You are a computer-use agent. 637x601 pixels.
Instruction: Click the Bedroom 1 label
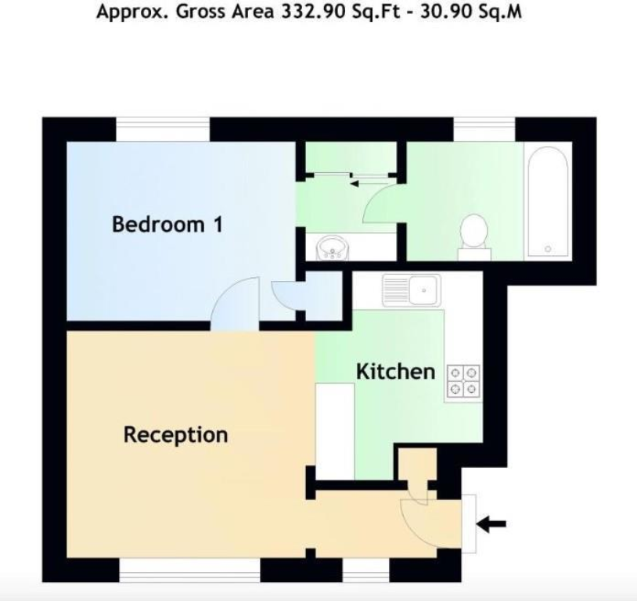coord(167,225)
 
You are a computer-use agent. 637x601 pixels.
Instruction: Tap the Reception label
coord(175,434)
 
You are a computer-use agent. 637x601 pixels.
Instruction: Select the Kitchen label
coord(395,372)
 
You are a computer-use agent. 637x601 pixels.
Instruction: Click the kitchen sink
coord(412,290)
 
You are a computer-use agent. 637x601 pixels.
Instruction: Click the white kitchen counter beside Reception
coord(335,430)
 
